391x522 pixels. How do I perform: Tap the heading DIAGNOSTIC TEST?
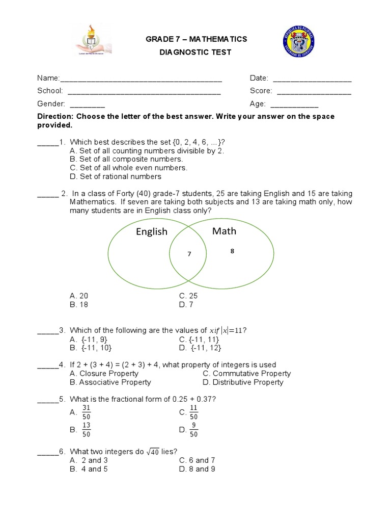(x=196, y=53)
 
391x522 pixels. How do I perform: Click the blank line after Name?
(x=141, y=79)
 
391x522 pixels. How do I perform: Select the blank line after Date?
(x=312, y=79)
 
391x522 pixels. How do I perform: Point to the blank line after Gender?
(x=87, y=104)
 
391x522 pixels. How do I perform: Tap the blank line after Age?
(x=294, y=104)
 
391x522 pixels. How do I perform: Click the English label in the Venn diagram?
(x=151, y=232)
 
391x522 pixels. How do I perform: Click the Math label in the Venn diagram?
(x=224, y=231)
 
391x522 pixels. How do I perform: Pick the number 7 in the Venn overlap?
(x=189, y=254)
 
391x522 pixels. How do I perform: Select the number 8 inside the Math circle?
(x=232, y=251)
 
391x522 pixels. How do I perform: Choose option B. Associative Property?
(x=110, y=382)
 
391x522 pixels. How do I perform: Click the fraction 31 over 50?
(x=86, y=412)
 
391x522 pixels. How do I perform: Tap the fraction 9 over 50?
(x=193, y=430)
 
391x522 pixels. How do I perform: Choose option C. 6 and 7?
(x=197, y=460)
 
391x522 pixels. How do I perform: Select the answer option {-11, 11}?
(x=199, y=339)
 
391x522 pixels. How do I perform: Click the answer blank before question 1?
(x=48, y=142)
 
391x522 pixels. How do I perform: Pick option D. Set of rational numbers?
(x=115, y=176)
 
